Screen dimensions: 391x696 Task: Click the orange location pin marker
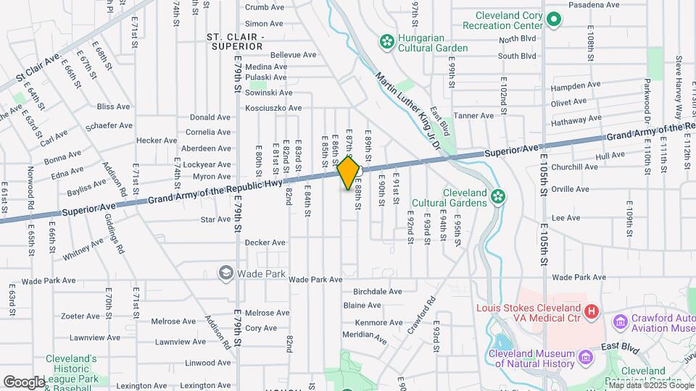coord(349,172)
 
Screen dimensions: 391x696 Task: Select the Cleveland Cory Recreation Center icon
coord(554,20)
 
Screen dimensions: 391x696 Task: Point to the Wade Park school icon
coord(225,273)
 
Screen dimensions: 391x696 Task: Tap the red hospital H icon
coord(592,311)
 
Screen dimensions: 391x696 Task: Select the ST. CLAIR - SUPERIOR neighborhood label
coord(235,41)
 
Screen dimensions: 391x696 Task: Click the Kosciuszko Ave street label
coord(273,108)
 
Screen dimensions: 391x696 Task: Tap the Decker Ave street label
coord(265,243)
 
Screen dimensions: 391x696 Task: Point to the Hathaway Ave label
coord(577,119)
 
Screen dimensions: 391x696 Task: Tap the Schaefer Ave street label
coord(107,126)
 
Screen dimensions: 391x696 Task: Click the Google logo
coord(24,382)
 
